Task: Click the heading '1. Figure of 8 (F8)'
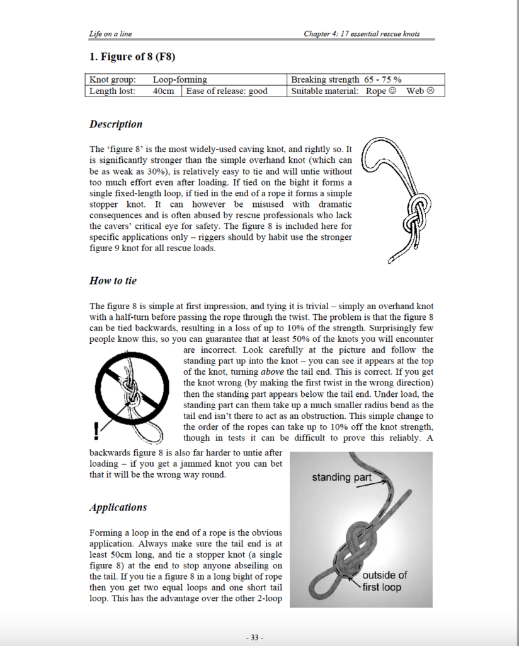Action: click(x=132, y=57)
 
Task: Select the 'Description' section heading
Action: click(x=116, y=124)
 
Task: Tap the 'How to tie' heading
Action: click(x=113, y=280)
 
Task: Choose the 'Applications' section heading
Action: click(x=118, y=507)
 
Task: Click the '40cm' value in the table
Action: click(x=163, y=91)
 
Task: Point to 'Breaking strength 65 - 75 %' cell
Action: click(x=346, y=79)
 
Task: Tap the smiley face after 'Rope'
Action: click(x=392, y=91)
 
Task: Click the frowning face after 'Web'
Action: click(x=431, y=91)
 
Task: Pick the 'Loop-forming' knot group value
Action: click(x=180, y=79)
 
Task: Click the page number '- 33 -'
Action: click(x=254, y=637)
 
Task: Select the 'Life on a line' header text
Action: click(x=110, y=33)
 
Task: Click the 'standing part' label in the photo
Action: click(x=341, y=478)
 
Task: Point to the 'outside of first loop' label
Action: click(x=384, y=581)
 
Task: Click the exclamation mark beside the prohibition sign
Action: click(x=96, y=430)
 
